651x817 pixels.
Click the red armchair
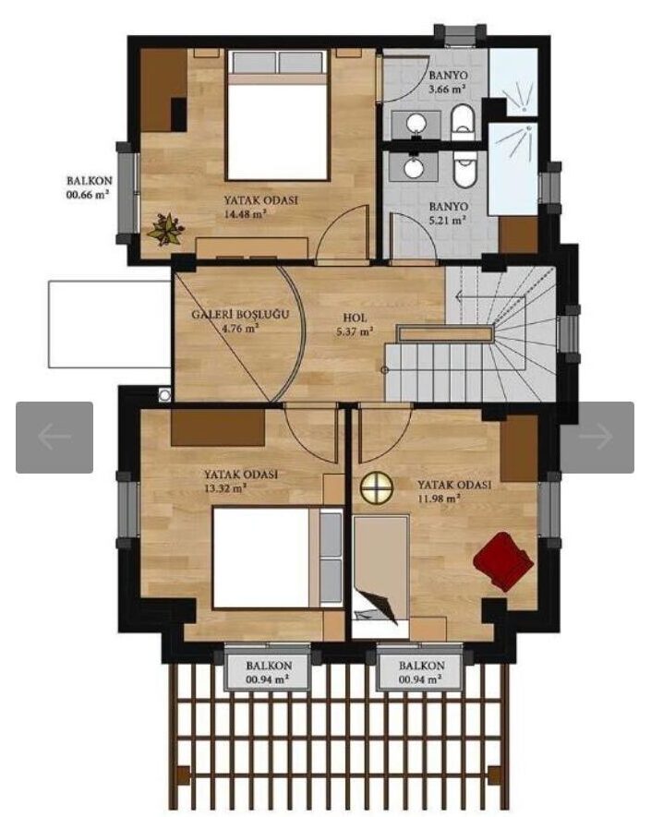503,561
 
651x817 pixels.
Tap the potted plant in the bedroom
165,229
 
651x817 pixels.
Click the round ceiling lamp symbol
377,487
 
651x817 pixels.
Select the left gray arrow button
54,438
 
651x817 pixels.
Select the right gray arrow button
597,438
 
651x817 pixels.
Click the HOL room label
355,318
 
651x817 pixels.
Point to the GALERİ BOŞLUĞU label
240,315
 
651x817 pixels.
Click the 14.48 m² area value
246,213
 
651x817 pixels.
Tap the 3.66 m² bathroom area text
447,90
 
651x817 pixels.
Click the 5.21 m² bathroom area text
447,221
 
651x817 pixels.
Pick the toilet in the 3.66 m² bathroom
463,123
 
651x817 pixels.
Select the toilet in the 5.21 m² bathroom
464,169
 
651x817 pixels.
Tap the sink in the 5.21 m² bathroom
416,167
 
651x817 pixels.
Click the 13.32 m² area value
225,488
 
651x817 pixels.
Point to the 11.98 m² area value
439,499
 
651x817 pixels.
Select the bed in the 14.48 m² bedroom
277,114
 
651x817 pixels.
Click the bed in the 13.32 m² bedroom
278,557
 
